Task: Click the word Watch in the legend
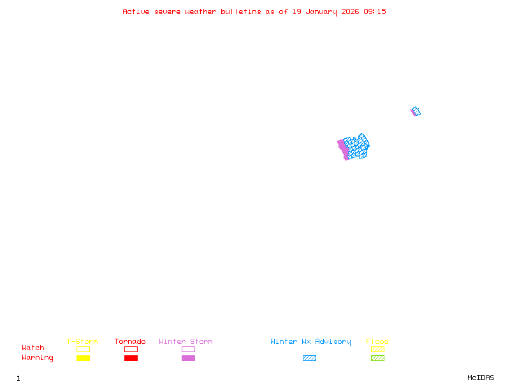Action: [x=33, y=348]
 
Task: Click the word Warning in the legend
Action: [x=38, y=358]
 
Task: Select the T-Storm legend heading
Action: [x=82, y=342]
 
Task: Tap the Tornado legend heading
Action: [x=130, y=342]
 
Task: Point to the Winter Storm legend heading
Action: [x=186, y=342]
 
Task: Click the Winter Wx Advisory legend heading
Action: [x=310, y=342]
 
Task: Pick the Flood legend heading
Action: [x=377, y=342]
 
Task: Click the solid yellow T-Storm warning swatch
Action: [x=83, y=358]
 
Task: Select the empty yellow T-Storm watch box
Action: [x=83, y=349]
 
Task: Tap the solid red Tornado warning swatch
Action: [x=131, y=358]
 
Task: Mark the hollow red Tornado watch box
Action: [x=131, y=349]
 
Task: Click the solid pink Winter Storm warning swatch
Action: [x=188, y=358]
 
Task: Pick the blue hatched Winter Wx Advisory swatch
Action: [x=309, y=358]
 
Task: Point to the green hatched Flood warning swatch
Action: [x=377, y=358]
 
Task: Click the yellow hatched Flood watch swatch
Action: [x=377, y=349]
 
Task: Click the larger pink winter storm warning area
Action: [x=342, y=150]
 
